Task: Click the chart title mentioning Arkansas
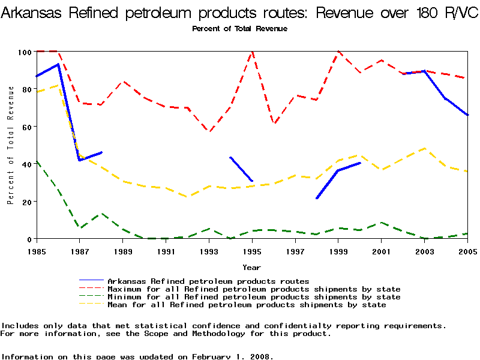240,13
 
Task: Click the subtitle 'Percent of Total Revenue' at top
239,29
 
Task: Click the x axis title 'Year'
251,267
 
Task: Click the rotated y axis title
10,145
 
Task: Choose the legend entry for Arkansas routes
208,281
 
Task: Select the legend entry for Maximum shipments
254,289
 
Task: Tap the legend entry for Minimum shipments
254,297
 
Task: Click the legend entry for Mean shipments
247,305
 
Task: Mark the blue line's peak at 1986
58,64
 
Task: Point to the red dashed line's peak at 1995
252,52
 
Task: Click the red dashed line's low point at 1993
209,131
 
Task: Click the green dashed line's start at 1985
37,161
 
